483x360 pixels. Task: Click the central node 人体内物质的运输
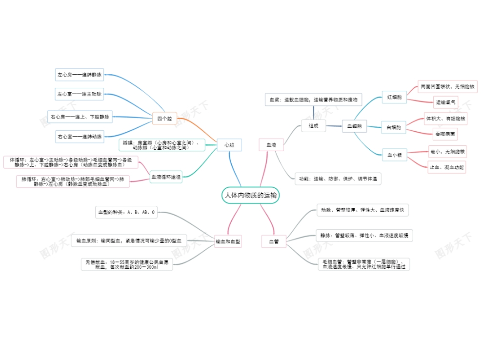(x=250, y=195)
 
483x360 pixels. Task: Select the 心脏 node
(x=229, y=145)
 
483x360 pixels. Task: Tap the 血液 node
(x=271, y=145)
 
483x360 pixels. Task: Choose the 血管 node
(x=274, y=241)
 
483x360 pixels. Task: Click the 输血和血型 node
(x=228, y=241)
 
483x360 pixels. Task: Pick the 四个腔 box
(x=164, y=118)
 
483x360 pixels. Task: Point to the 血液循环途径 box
(x=166, y=177)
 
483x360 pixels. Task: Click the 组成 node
(x=313, y=126)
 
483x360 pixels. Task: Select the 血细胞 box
(x=354, y=126)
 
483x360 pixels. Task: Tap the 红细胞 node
(x=394, y=98)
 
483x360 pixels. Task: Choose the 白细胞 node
(x=394, y=127)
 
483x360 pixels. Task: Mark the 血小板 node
(x=394, y=155)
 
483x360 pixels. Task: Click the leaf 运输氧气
(x=446, y=102)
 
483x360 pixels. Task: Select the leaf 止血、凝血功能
(x=446, y=167)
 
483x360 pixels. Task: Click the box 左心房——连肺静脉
(x=80, y=75)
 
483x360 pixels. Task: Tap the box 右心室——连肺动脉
(x=80, y=136)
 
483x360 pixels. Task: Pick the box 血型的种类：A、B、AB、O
(x=126, y=212)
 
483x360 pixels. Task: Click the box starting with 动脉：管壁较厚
(x=362, y=210)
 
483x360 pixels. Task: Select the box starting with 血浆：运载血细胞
(x=313, y=100)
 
